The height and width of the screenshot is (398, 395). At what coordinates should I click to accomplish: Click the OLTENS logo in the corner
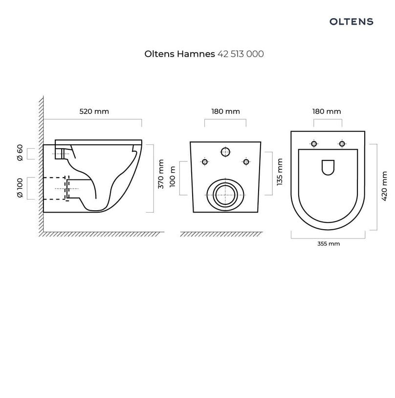point(351,21)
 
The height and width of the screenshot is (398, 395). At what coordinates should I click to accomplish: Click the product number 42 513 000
point(241,54)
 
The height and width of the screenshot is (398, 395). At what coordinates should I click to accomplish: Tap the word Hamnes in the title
point(196,54)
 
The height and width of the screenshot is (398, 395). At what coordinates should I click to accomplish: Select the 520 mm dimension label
point(94,111)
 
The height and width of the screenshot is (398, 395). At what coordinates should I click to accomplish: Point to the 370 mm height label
point(161,174)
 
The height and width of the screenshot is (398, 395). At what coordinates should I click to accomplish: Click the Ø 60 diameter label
point(20,153)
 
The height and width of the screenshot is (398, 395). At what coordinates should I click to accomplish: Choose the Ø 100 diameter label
point(20,188)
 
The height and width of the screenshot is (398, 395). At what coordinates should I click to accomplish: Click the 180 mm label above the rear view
point(225,111)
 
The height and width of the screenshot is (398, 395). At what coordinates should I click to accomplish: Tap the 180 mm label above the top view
point(327,111)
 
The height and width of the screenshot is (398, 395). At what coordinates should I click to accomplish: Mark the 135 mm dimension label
point(280,172)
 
